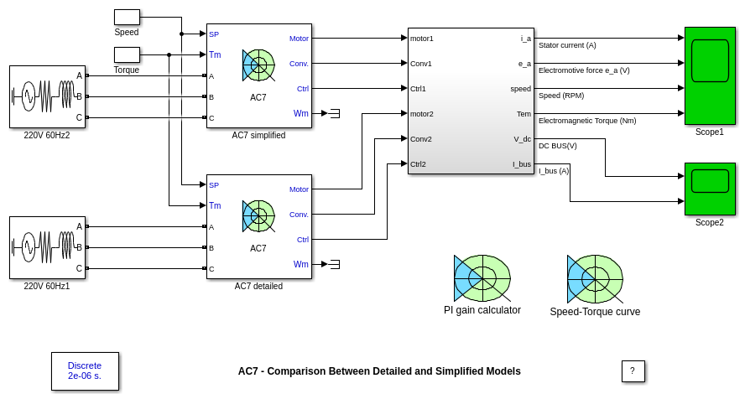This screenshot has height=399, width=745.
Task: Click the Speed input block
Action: pos(127,17)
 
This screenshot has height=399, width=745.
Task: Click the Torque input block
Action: pos(127,54)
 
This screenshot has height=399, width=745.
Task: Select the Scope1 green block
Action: pos(710,75)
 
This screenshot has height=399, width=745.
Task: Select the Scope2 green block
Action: pos(710,189)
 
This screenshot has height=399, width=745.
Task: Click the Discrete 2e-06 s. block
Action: pos(85,370)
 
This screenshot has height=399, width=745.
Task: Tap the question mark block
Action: pos(633,371)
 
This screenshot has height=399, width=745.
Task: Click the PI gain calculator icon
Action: pos(482,278)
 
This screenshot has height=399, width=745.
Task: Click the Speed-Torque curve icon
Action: pos(595,279)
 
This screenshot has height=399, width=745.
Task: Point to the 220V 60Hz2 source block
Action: pos(47,96)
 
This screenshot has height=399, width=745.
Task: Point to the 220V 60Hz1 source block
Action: pos(47,247)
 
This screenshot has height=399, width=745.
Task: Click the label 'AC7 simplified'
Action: pos(258,135)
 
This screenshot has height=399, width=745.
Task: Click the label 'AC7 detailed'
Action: pos(258,286)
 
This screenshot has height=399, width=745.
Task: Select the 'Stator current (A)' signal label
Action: pos(567,45)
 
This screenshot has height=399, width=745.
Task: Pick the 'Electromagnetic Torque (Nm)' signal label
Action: pos(587,121)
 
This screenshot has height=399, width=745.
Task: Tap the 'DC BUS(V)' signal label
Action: pos(558,146)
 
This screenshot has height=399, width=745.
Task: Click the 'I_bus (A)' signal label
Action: pos(554,171)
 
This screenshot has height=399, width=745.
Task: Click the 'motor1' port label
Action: pos(422,38)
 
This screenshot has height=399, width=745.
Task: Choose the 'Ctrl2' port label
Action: pos(419,163)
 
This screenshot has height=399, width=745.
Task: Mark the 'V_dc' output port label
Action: pos(522,138)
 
